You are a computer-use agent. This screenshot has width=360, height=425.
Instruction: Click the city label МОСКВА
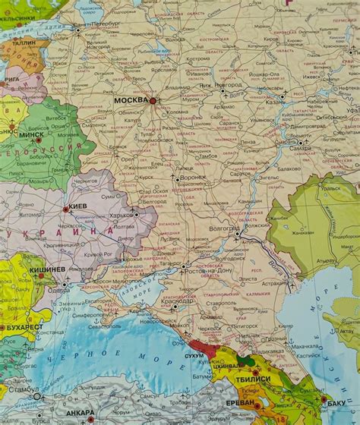(x=131, y=99)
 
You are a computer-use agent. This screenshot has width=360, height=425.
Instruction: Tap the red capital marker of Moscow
(x=153, y=100)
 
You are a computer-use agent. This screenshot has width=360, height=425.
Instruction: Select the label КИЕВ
(x=81, y=206)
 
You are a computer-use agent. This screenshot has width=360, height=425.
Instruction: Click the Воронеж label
(x=193, y=178)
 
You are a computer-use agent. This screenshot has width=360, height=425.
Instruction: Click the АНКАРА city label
(x=79, y=413)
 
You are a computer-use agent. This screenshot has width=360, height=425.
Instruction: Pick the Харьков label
(x=122, y=216)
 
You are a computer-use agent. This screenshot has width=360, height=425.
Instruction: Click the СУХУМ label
(x=195, y=354)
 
